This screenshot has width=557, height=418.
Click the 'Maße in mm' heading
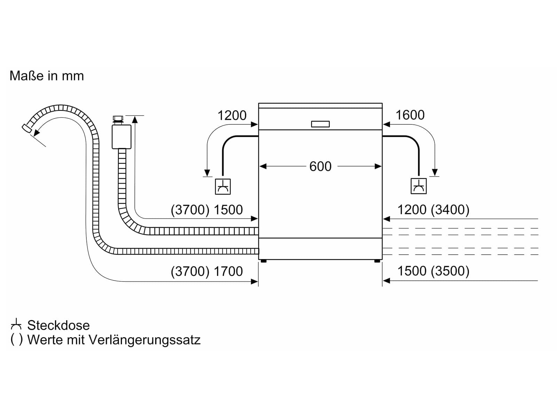47,76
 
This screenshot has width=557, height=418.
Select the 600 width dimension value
320,167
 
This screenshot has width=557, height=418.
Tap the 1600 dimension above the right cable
410,115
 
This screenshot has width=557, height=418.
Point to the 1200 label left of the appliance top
232,116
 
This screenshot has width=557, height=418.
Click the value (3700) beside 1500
190,210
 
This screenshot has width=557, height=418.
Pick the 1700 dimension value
228,271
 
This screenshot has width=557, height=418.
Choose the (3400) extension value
450,210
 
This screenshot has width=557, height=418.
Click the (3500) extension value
450,271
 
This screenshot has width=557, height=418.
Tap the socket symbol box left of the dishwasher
223,187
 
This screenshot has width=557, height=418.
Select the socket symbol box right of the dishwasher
419,186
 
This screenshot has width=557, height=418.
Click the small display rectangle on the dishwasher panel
320,124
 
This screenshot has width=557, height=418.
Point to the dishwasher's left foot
264,261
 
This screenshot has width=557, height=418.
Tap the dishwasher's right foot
377,261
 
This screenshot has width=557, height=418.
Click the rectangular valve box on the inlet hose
121,137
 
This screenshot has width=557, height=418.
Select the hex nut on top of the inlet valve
118,118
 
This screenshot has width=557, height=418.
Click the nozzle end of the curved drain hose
27,129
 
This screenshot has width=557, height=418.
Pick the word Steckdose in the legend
58,325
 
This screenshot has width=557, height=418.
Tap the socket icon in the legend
16,324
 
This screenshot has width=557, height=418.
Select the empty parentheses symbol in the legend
16,340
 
